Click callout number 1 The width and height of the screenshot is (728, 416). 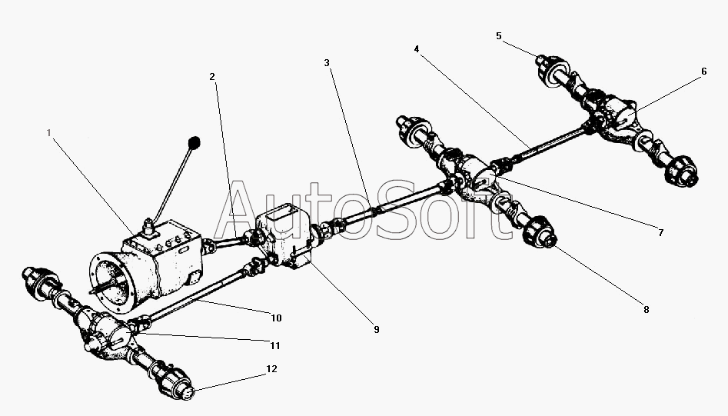pyautogui.click(x=48, y=132)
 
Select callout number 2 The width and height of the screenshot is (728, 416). pyautogui.click(x=211, y=76)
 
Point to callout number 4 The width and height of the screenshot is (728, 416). pyautogui.click(x=416, y=48)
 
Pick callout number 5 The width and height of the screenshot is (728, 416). pyautogui.click(x=498, y=35)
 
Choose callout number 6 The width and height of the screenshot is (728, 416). pyautogui.click(x=703, y=71)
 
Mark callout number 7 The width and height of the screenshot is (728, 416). pyautogui.click(x=660, y=231)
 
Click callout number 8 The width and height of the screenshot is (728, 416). pyautogui.click(x=646, y=310)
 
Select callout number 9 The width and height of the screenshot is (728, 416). pyautogui.click(x=376, y=329)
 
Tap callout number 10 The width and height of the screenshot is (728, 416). pyautogui.click(x=276, y=317)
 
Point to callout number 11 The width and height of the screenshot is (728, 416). pyautogui.click(x=274, y=345)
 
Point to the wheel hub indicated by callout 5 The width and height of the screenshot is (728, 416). pyautogui.click(x=550, y=69)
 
